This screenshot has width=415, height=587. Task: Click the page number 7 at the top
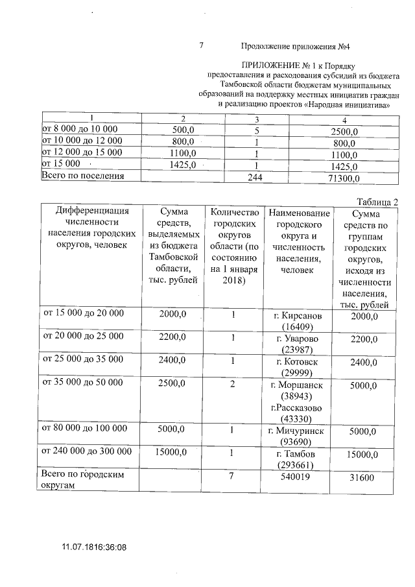(201, 45)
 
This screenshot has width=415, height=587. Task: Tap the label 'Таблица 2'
(377, 201)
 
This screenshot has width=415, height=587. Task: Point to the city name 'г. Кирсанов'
(299, 315)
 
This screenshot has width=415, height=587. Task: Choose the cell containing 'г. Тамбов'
(299, 459)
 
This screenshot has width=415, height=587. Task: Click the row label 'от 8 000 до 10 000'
(79, 129)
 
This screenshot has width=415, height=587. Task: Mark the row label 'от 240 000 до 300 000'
(87, 451)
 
